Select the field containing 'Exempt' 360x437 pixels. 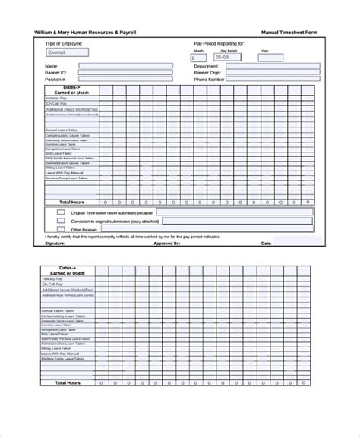[67, 53]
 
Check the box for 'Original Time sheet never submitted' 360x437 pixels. [61, 213]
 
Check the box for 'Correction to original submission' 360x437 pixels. [61, 221]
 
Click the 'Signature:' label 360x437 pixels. [55, 244]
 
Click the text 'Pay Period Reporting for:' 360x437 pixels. [219, 45]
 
